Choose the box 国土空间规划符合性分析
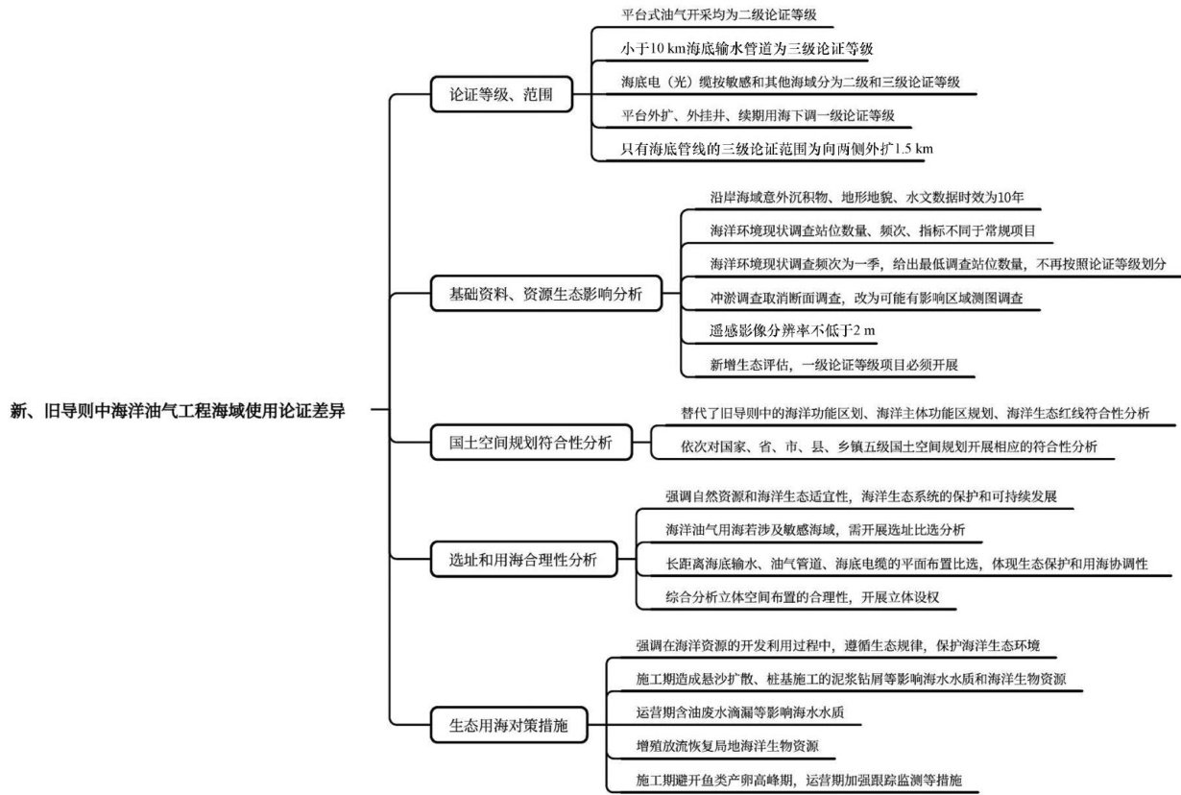click(x=530, y=444)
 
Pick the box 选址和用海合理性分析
click(x=522, y=559)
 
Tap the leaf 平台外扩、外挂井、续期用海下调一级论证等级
click(x=758, y=115)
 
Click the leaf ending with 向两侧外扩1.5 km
click(x=777, y=148)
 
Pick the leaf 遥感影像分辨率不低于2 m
click(x=792, y=331)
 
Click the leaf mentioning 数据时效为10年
click(x=867, y=198)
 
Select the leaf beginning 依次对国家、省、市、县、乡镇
click(x=889, y=446)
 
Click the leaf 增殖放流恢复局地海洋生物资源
click(x=727, y=745)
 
